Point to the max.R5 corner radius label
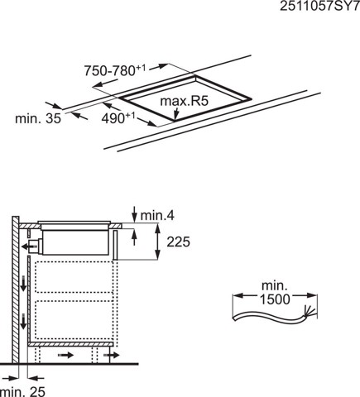[183, 103]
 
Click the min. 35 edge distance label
[36, 119]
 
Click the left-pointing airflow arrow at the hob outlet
[31, 246]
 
